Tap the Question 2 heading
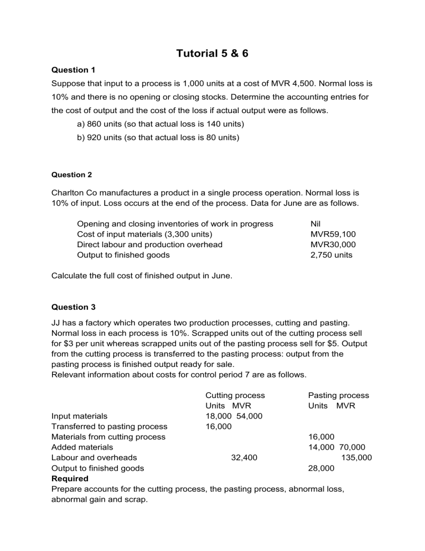pos(71,175)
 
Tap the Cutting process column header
pos(235,395)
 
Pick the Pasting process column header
pos(338,395)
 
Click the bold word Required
pos(69,478)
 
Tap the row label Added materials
pos(82,447)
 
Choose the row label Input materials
pos(79,416)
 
